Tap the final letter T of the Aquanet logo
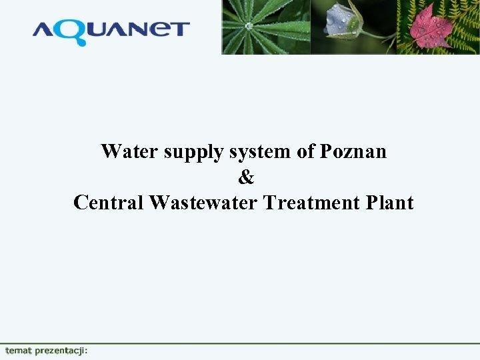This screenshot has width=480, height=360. click(x=180, y=29)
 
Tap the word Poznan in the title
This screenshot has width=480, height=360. click(x=353, y=151)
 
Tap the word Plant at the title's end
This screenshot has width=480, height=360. click(x=390, y=202)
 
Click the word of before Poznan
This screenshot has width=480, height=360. click(x=306, y=151)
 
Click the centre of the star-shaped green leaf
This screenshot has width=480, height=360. click(x=249, y=26)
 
